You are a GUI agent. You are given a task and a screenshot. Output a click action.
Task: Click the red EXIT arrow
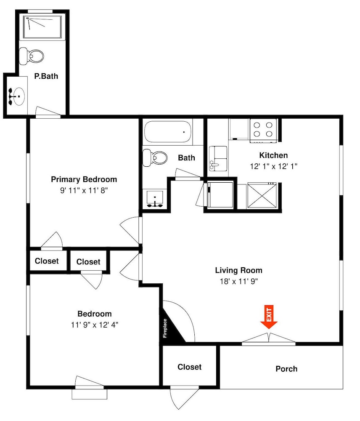coord(269,317)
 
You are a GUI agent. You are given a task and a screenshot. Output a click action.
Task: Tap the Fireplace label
coord(165,328)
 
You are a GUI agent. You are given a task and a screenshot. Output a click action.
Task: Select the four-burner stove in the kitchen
coord(263,131)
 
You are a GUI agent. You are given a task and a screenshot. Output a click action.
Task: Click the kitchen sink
coord(218,159)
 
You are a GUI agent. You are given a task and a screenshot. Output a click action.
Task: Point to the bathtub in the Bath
coord(168,131)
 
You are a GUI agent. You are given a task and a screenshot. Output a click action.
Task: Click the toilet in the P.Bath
coord(32,56)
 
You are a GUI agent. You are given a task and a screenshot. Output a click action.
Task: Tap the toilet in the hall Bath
coord(155,157)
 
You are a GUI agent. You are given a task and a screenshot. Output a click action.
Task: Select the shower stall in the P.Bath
coord(42,27)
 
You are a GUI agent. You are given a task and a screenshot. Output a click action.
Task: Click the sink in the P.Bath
coord(17,96)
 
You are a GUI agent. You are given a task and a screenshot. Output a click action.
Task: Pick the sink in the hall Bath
coord(155,199)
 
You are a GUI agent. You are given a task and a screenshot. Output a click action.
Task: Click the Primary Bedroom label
coord(84,179)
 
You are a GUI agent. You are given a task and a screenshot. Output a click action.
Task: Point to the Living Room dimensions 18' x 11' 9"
coord(239,281)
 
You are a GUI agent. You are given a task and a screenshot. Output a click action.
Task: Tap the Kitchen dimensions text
coord(274,166)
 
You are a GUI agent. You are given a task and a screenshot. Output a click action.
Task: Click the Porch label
coord(286,369)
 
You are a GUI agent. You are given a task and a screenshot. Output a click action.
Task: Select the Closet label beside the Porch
coord(189,367)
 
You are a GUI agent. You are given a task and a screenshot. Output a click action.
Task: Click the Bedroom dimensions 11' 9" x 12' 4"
coord(95,325)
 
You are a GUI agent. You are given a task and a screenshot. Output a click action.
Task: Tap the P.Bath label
coord(46,76)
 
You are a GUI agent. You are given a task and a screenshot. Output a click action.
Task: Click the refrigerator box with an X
coord(262,195)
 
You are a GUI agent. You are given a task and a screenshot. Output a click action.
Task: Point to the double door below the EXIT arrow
coord(268,338)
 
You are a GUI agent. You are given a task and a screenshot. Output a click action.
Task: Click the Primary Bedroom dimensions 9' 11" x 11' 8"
coord(84,190)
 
